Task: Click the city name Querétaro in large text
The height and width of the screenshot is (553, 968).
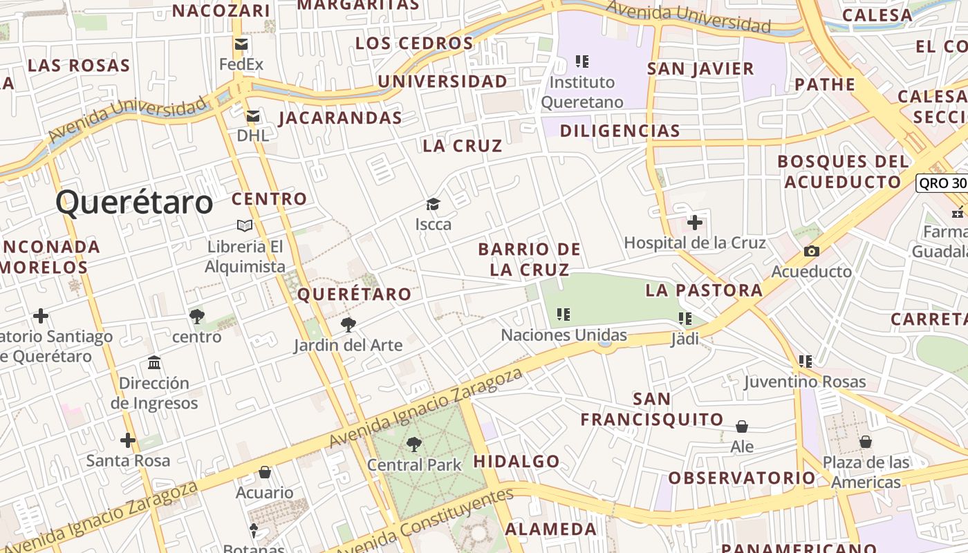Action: pyautogui.click(x=134, y=203)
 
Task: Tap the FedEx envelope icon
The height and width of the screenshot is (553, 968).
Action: pyautogui.click(x=241, y=45)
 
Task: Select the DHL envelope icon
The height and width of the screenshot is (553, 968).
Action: pyautogui.click(x=253, y=116)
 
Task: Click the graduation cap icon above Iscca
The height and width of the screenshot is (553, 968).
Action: pyautogui.click(x=433, y=204)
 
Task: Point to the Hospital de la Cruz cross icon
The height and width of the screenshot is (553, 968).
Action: pyautogui.click(x=695, y=223)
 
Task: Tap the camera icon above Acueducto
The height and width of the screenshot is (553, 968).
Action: pyautogui.click(x=812, y=251)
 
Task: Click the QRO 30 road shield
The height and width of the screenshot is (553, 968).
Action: pyautogui.click(x=942, y=183)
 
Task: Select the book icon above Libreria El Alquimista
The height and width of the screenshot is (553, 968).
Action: pyautogui.click(x=245, y=225)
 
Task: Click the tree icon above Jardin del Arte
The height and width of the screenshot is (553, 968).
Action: pyautogui.click(x=348, y=324)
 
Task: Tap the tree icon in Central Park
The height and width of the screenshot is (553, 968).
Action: pyautogui.click(x=414, y=444)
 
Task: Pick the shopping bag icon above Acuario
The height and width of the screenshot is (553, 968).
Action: pyautogui.click(x=264, y=473)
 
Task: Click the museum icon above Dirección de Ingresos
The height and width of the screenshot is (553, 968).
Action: pyautogui.click(x=154, y=363)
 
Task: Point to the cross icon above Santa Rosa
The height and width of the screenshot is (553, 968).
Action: pyautogui.click(x=128, y=440)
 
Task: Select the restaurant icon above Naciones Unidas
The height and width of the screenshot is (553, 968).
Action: pyautogui.click(x=564, y=315)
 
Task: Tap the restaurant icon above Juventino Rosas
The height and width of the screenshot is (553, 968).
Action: pyautogui.click(x=805, y=361)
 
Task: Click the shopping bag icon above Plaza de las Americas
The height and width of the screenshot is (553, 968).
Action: pyautogui.click(x=866, y=442)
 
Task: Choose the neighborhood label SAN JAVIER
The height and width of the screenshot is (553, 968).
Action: pyautogui.click(x=700, y=68)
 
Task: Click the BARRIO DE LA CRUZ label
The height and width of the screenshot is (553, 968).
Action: pyautogui.click(x=530, y=259)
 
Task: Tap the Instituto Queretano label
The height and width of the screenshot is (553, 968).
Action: pyautogui.click(x=581, y=92)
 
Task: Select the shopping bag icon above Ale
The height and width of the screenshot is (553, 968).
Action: pyautogui.click(x=742, y=427)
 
